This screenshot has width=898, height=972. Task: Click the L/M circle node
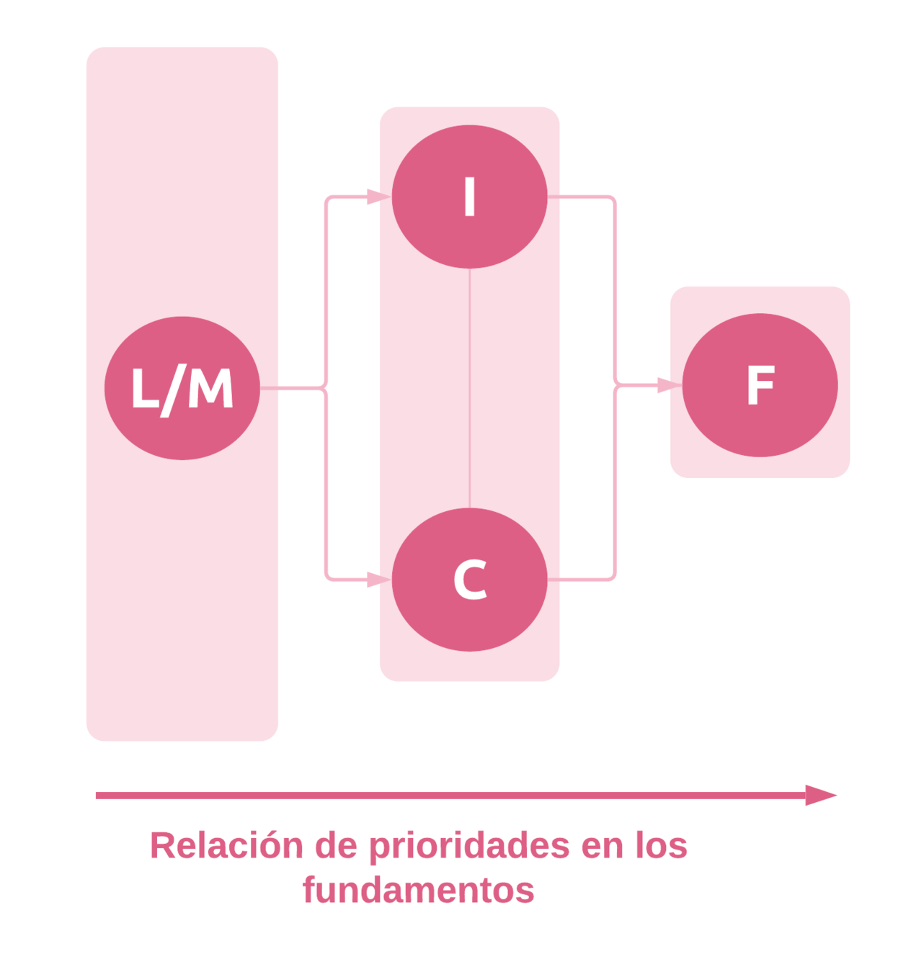pos(182,388)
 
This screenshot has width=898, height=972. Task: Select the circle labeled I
pos(469,197)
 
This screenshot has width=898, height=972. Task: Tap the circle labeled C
pos(469,580)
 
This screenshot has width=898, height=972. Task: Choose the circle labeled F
pos(760,385)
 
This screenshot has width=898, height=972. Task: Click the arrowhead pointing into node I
pos(378,197)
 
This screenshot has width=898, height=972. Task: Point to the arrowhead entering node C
pos(378,579)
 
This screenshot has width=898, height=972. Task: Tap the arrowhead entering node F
pos(669,385)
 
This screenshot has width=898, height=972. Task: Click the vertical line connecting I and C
pos(470,389)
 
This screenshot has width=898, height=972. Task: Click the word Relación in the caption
pos(226,846)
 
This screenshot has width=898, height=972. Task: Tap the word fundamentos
pos(418,891)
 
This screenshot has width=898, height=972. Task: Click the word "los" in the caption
pos(661,846)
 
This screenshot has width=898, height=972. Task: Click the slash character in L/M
pos(172,390)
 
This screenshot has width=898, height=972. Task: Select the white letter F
pos(760,385)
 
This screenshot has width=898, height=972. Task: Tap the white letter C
pos(470,580)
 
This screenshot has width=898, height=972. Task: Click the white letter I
pos(470,197)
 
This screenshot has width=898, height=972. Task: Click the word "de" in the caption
pos(337,846)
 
